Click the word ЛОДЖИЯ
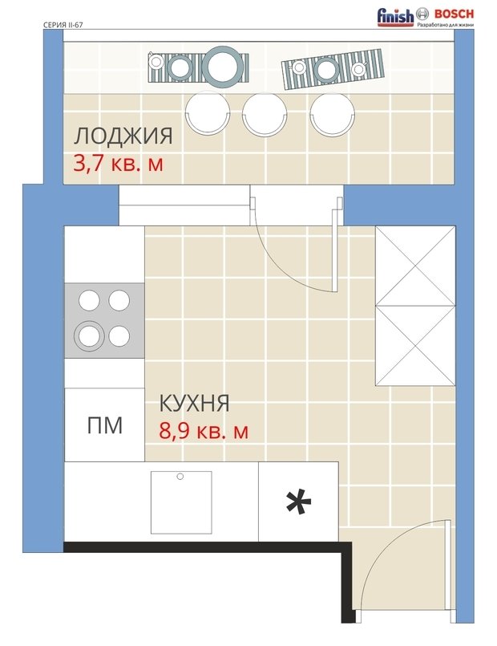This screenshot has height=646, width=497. tap(123, 136)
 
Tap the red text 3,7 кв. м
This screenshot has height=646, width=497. tap(118, 164)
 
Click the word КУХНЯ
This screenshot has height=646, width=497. tap(194, 403)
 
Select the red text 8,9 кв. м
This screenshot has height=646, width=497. tap(204, 431)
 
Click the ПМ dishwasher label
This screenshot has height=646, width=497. tap(105, 425)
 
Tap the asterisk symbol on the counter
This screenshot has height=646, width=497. tap(298, 502)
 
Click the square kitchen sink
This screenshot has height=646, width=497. tap(181, 502)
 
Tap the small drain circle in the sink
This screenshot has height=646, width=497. tap(180, 477)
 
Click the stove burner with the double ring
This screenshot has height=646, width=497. tap(89, 335)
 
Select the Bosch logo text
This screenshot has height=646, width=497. tap(454, 14)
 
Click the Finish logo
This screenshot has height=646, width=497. tap(395, 18)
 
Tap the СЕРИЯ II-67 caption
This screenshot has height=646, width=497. tap(63, 25)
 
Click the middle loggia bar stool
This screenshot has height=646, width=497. tap(265, 115)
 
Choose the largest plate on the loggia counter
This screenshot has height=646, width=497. tap(223, 67)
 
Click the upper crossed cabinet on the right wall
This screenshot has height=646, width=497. tap(415, 266)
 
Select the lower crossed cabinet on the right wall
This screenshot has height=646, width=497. tap(415, 346)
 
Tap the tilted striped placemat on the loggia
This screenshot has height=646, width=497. tap(333, 69)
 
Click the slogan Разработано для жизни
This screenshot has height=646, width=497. tap(446, 25)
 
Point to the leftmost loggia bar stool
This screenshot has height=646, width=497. tap(208, 113)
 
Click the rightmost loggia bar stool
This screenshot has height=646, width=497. tap(333, 114)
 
